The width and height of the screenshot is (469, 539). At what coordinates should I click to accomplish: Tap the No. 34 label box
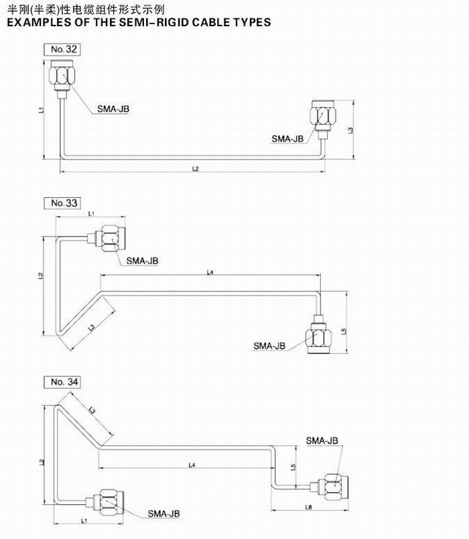pyautogui.click(x=64, y=381)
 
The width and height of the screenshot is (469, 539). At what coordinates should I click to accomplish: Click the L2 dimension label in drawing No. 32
pyautogui.click(x=195, y=169)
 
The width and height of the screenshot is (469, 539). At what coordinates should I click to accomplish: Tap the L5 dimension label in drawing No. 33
pyautogui.click(x=344, y=331)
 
